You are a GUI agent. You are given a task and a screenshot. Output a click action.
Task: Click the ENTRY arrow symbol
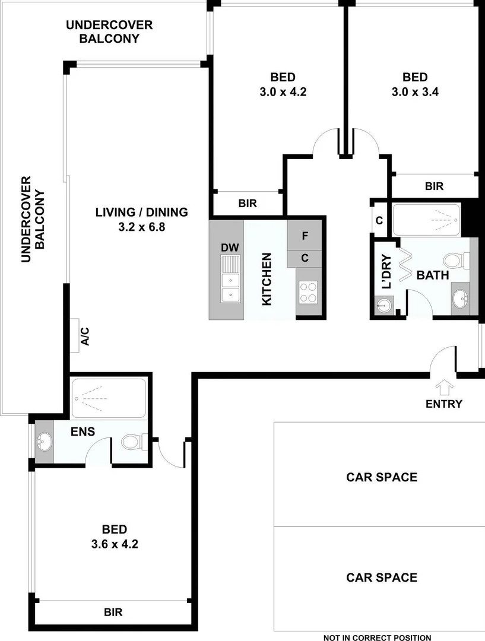click(444, 388)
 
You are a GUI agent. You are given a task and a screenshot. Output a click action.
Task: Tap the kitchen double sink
click(230, 279)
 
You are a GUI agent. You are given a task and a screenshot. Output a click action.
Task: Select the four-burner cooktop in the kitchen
click(308, 293)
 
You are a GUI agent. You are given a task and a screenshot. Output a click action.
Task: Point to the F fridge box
click(305, 236)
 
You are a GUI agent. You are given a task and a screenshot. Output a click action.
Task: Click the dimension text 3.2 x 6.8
click(142, 226)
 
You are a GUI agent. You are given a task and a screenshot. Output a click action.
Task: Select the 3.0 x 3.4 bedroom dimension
click(415, 91)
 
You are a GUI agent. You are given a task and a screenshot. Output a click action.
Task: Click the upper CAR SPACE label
click(382, 477)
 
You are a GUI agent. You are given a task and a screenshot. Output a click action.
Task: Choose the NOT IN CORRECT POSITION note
click(378, 637)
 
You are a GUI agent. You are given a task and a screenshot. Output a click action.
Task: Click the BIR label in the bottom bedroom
click(113, 612)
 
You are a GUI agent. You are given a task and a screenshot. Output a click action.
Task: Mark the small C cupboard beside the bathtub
click(379, 220)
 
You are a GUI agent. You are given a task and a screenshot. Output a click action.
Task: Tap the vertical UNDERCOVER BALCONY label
click(33, 219)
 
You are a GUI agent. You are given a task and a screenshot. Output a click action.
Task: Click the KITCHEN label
click(267, 279)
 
